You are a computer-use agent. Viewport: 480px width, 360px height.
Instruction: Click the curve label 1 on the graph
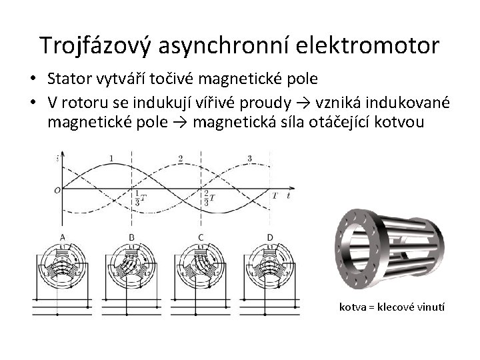(111, 157)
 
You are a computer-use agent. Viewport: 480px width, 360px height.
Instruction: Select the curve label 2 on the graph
(180, 158)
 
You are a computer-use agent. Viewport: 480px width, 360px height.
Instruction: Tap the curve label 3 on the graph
(249, 158)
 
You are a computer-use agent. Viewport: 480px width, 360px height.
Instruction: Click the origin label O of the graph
(57, 190)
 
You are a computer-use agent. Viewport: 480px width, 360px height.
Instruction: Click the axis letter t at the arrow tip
(288, 196)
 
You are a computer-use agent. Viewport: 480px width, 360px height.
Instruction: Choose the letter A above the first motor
(63, 237)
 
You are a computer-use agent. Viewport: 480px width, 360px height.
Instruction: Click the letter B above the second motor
(131, 237)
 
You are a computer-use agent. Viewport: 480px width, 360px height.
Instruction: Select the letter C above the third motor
(201, 237)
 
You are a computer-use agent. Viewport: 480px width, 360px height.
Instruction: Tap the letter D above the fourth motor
(269, 237)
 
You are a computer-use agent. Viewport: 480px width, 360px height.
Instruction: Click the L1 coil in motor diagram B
(131, 248)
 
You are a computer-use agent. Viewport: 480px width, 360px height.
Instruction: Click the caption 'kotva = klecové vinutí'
(392, 307)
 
